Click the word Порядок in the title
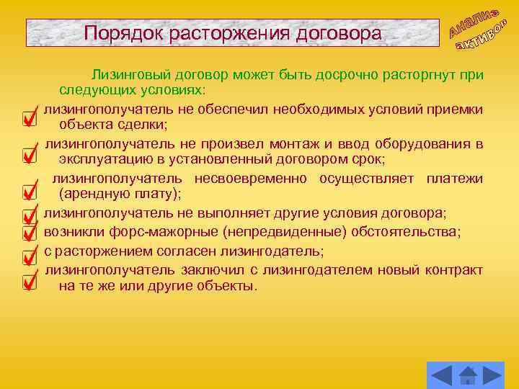click(x=116, y=33)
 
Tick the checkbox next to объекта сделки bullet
click(x=30, y=117)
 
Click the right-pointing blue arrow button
click(x=491, y=375)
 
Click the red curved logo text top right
click(x=478, y=31)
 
